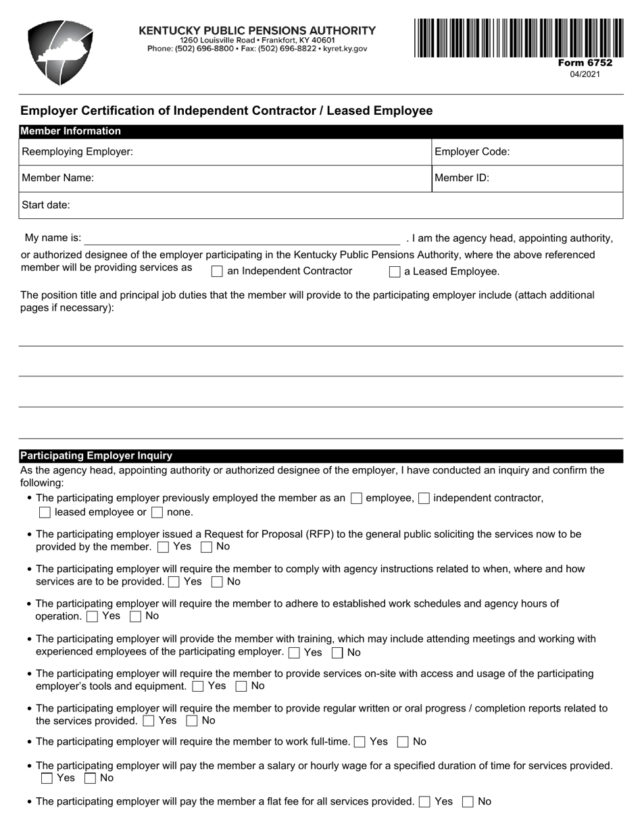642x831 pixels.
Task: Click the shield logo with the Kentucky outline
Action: coord(60,53)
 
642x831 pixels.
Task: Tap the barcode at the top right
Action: coord(518,38)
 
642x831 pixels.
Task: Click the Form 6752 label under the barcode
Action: coord(585,63)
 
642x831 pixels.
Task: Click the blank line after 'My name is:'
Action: coord(241,238)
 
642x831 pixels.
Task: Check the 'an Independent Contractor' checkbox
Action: coord(217,272)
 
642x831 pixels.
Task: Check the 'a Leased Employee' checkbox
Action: coord(395,272)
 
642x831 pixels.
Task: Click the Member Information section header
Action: coord(320,131)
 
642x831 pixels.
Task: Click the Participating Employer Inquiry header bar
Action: coord(320,456)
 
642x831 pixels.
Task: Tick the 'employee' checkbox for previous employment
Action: coord(357,499)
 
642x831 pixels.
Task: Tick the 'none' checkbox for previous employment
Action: coord(157,513)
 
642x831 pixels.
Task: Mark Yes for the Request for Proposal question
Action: coord(163,547)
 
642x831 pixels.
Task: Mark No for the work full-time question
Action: coord(403,742)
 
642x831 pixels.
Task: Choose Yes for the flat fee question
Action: coord(424,802)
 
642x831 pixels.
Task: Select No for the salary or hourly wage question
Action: coord(90,778)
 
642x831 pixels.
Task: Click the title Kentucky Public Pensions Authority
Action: coord(257,30)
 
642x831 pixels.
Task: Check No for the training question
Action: coord(337,653)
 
